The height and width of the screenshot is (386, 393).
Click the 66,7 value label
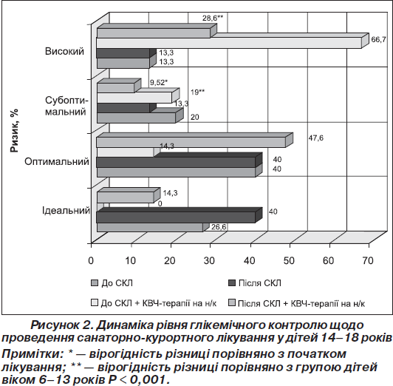[x=378, y=39]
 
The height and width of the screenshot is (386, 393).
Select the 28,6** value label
[x=213, y=18]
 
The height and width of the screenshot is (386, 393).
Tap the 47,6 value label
[x=316, y=138]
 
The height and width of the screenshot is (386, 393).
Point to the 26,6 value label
[x=219, y=227]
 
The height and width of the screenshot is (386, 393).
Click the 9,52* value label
[x=159, y=82]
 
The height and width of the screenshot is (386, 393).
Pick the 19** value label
[x=197, y=92]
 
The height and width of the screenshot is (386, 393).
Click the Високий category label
[x=64, y=52]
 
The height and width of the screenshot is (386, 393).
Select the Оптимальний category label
[x=57, y=161]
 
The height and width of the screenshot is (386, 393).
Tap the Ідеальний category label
[x=66, y=210]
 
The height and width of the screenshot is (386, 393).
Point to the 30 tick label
[x=209, y=261]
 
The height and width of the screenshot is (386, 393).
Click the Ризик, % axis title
[x=14, y=130]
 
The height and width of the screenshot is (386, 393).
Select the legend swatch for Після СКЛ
[x=232, y=283]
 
